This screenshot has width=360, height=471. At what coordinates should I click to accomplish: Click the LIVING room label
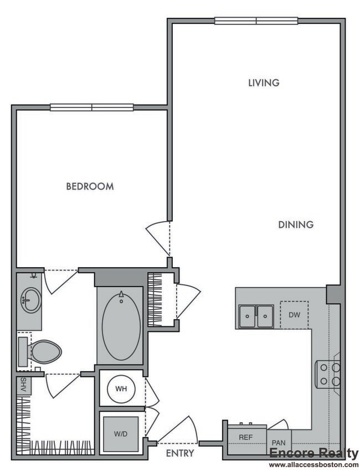point(264,83)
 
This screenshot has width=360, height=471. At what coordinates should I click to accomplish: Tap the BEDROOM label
point(90,186)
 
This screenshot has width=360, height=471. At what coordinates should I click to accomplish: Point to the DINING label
point(296,224)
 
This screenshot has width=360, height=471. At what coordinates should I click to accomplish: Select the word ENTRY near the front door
point(180,453)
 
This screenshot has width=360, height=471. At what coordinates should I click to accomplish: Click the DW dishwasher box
point(294,315)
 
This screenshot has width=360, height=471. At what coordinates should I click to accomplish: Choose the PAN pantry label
point(279,443)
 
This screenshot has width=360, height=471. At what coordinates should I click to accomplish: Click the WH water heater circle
point(121,388)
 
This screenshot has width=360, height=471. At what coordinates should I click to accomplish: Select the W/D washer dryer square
point(121,434)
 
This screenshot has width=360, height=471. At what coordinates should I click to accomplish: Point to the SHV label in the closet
point(24,385)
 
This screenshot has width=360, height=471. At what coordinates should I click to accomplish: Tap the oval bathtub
point(121,326)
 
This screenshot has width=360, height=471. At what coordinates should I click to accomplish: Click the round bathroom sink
point(30,300)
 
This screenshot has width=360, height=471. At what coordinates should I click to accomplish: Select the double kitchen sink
point(256,316)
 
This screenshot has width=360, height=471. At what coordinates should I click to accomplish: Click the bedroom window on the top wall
point(92,107)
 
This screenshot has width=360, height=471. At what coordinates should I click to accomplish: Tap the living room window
point(256,21)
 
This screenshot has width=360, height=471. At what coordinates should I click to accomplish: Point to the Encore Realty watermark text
point(314,453)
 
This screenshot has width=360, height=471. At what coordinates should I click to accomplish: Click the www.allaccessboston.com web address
point(313,465)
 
